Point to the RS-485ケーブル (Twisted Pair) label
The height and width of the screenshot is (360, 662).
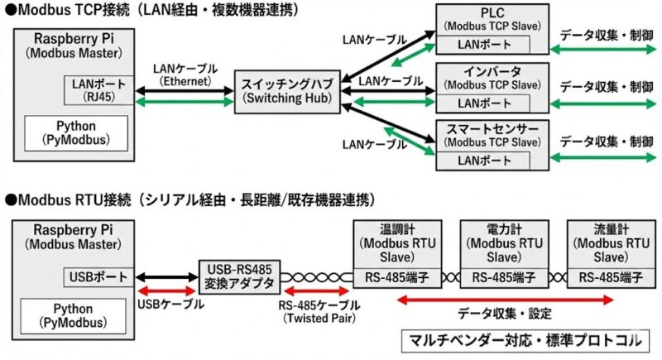click(x=318, y=310)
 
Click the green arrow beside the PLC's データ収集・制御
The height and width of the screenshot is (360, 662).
click(x=602, y=50)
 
